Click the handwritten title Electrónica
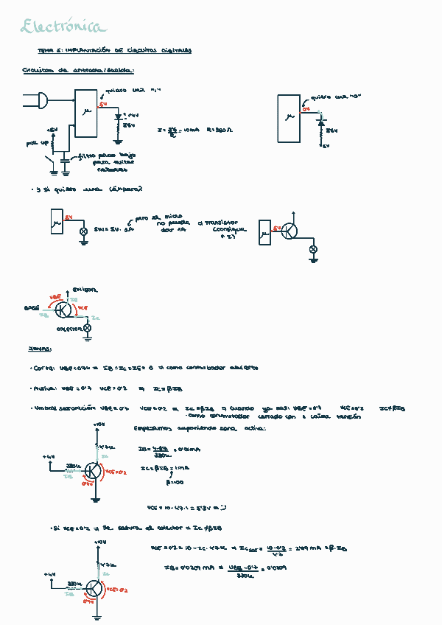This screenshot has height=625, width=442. click(63, 27)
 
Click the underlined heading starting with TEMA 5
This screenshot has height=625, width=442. click(114, 51)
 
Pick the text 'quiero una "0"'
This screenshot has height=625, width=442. click(330, 97)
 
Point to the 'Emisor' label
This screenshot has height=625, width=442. click(84, 290)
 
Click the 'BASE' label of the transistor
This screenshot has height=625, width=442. click(31, 306)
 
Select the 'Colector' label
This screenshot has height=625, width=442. click(69, 329)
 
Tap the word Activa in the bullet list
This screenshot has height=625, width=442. click(45, 388)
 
